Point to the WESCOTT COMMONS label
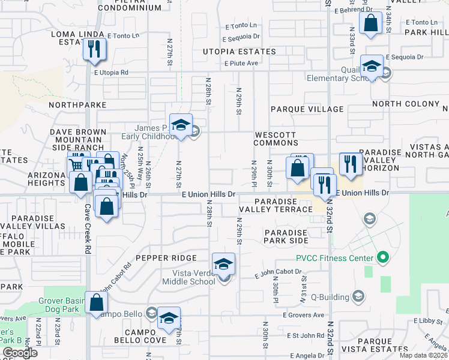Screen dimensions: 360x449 coord(276,139)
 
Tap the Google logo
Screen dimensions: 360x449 coord(20,352)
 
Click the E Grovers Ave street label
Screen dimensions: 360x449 coord(304,314)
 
